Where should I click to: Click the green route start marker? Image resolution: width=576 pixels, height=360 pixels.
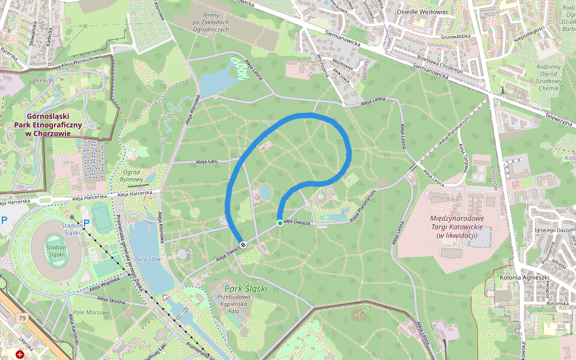pyautogui.click(x=280, y=223)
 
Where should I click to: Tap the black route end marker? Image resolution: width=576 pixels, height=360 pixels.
pyautogui.click(x=243, y=244)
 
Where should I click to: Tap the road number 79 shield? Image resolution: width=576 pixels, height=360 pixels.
pyautogui.click(x=23, y=318)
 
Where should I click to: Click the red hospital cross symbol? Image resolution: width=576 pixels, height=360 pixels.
pyautogui.click(x=21, y=355)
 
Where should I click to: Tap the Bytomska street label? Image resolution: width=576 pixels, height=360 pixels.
pyautogui.click(x=557, y=304)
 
